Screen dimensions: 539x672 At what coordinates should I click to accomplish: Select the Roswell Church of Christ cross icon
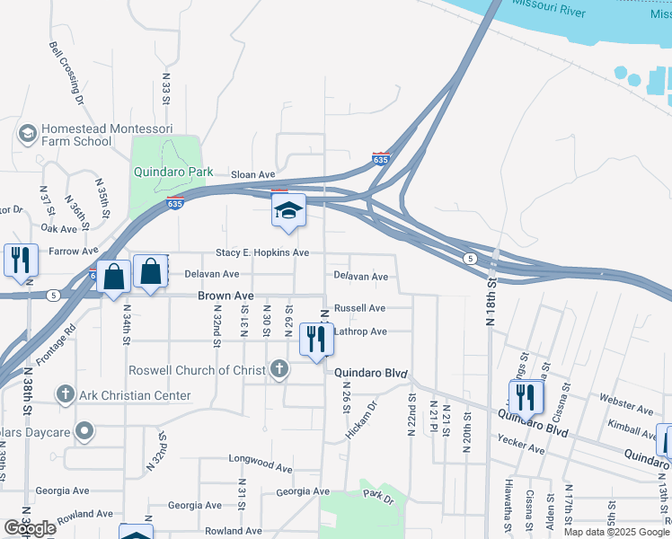click(279, 369)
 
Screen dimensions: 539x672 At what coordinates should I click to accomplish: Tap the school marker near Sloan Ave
click(288, 212)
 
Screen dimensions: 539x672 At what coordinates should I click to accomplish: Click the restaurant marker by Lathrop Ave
click(314, 340)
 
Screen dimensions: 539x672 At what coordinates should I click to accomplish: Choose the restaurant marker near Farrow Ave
click(19, 261)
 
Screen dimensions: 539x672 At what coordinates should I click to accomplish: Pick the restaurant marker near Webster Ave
click(524, 397)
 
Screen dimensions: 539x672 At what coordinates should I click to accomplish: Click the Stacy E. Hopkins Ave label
click(261, 253)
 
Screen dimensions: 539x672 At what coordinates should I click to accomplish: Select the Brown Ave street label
click(225, 296)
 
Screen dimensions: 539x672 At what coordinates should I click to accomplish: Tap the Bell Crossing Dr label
click(66, 72)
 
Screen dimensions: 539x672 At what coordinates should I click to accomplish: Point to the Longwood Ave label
click(261, 468)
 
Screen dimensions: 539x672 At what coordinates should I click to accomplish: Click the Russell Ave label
click(359, 308)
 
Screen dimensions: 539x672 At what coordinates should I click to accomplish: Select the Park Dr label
click(376, 495)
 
